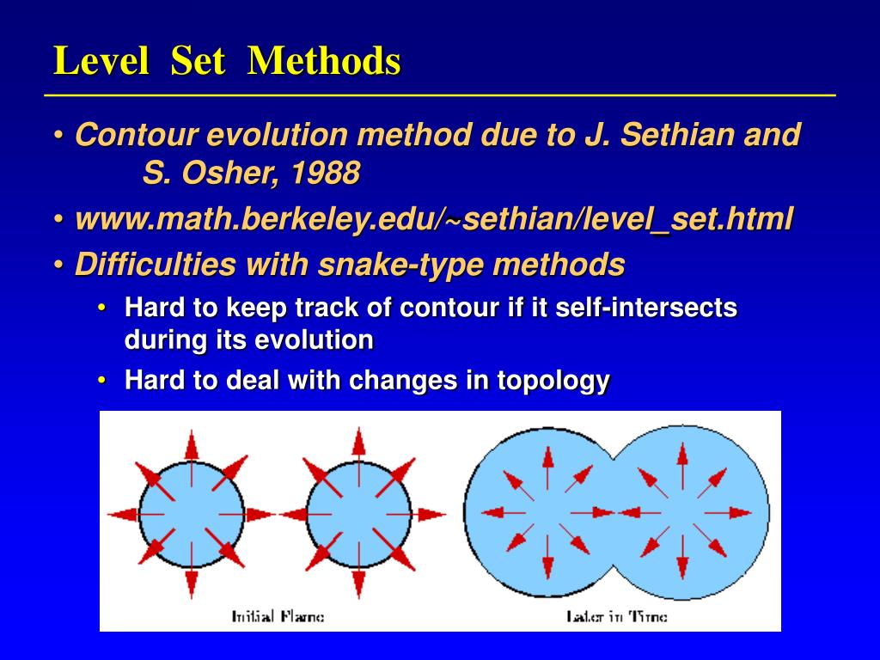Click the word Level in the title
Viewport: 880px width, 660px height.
point(101,61)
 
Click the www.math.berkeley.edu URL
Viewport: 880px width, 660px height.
point(434,219)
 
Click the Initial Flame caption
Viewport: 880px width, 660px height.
point(278,616)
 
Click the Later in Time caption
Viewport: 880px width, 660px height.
point(616,616)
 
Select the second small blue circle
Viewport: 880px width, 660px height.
point(358,514)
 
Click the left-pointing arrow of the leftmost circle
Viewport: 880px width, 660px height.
point(123,515)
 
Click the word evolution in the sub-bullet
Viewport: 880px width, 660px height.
point(314,340)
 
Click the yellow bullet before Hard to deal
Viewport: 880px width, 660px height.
point(103,380)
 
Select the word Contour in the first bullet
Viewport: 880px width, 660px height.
point(137,135)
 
